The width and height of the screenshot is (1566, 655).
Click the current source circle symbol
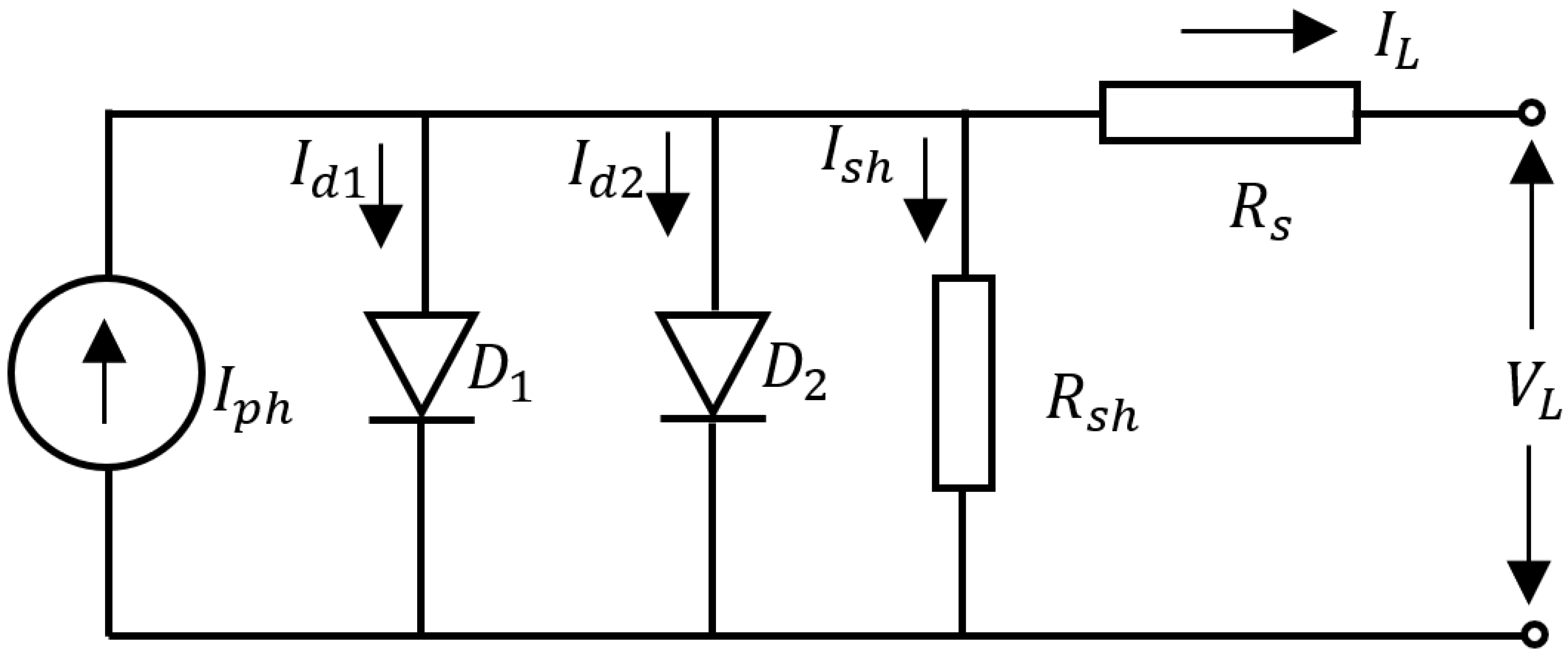(105, 372)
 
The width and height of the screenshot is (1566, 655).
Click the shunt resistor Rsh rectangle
(964, 383)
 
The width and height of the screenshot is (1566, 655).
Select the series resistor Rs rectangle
(1230, 112)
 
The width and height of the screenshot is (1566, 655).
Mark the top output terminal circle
(1534, 113)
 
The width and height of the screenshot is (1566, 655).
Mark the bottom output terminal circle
(1534, 635)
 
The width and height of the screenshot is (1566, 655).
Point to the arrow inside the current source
(105, 371)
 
